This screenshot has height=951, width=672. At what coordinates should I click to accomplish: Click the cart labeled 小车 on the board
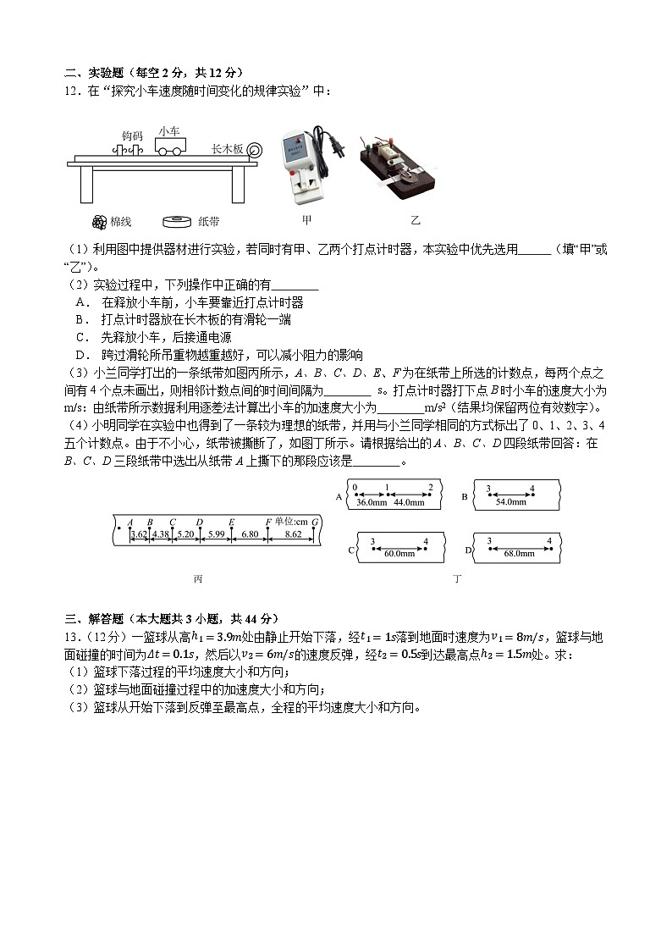pyautogui.click(x=170, y=147)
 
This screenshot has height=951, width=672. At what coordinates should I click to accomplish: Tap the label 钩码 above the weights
pyautogui.click(x=132, y=135)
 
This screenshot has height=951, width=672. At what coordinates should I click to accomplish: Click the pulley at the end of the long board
pyautogui.click(x=255, y=150)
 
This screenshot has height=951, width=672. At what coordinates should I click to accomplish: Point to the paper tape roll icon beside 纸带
pyautogui.click(x=179, y=221)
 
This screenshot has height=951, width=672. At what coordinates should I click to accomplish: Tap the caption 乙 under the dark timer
pyautogui.click(x=415, y=220)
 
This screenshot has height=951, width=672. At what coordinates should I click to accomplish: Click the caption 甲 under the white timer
pyautogui.click(x=306, y=220)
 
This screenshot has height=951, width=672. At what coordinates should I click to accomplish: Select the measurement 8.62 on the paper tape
pyautogui.click(x=294, y=534)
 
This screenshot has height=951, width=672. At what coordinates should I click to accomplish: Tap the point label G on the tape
pyautogui.click(x=315, y=522)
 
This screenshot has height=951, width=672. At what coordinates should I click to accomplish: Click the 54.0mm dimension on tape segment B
pyautogui.click(x=510, y=501)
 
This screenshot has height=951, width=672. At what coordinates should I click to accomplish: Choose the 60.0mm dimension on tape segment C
pyautogui.click(x=399, y=553)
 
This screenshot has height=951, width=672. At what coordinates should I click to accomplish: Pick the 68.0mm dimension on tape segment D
pyautogui.click(x=518, y=553)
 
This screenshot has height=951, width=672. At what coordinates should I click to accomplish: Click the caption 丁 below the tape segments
pyautogui.click(x=457, y=578)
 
